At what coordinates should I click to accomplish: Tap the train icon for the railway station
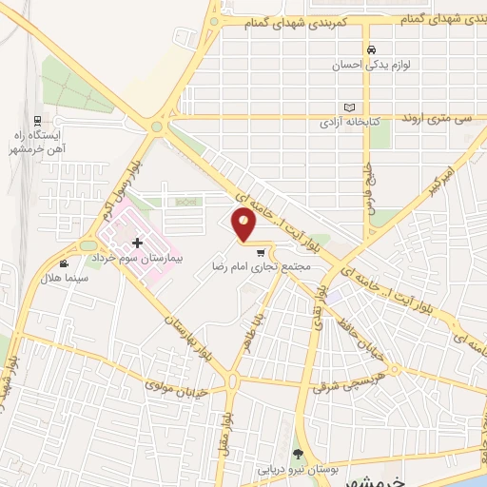click(37, 121)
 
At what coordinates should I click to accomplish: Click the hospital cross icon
click(137, 243)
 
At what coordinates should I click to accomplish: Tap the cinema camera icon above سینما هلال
click(64, 263)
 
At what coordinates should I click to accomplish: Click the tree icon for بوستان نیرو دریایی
click(298, 454)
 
